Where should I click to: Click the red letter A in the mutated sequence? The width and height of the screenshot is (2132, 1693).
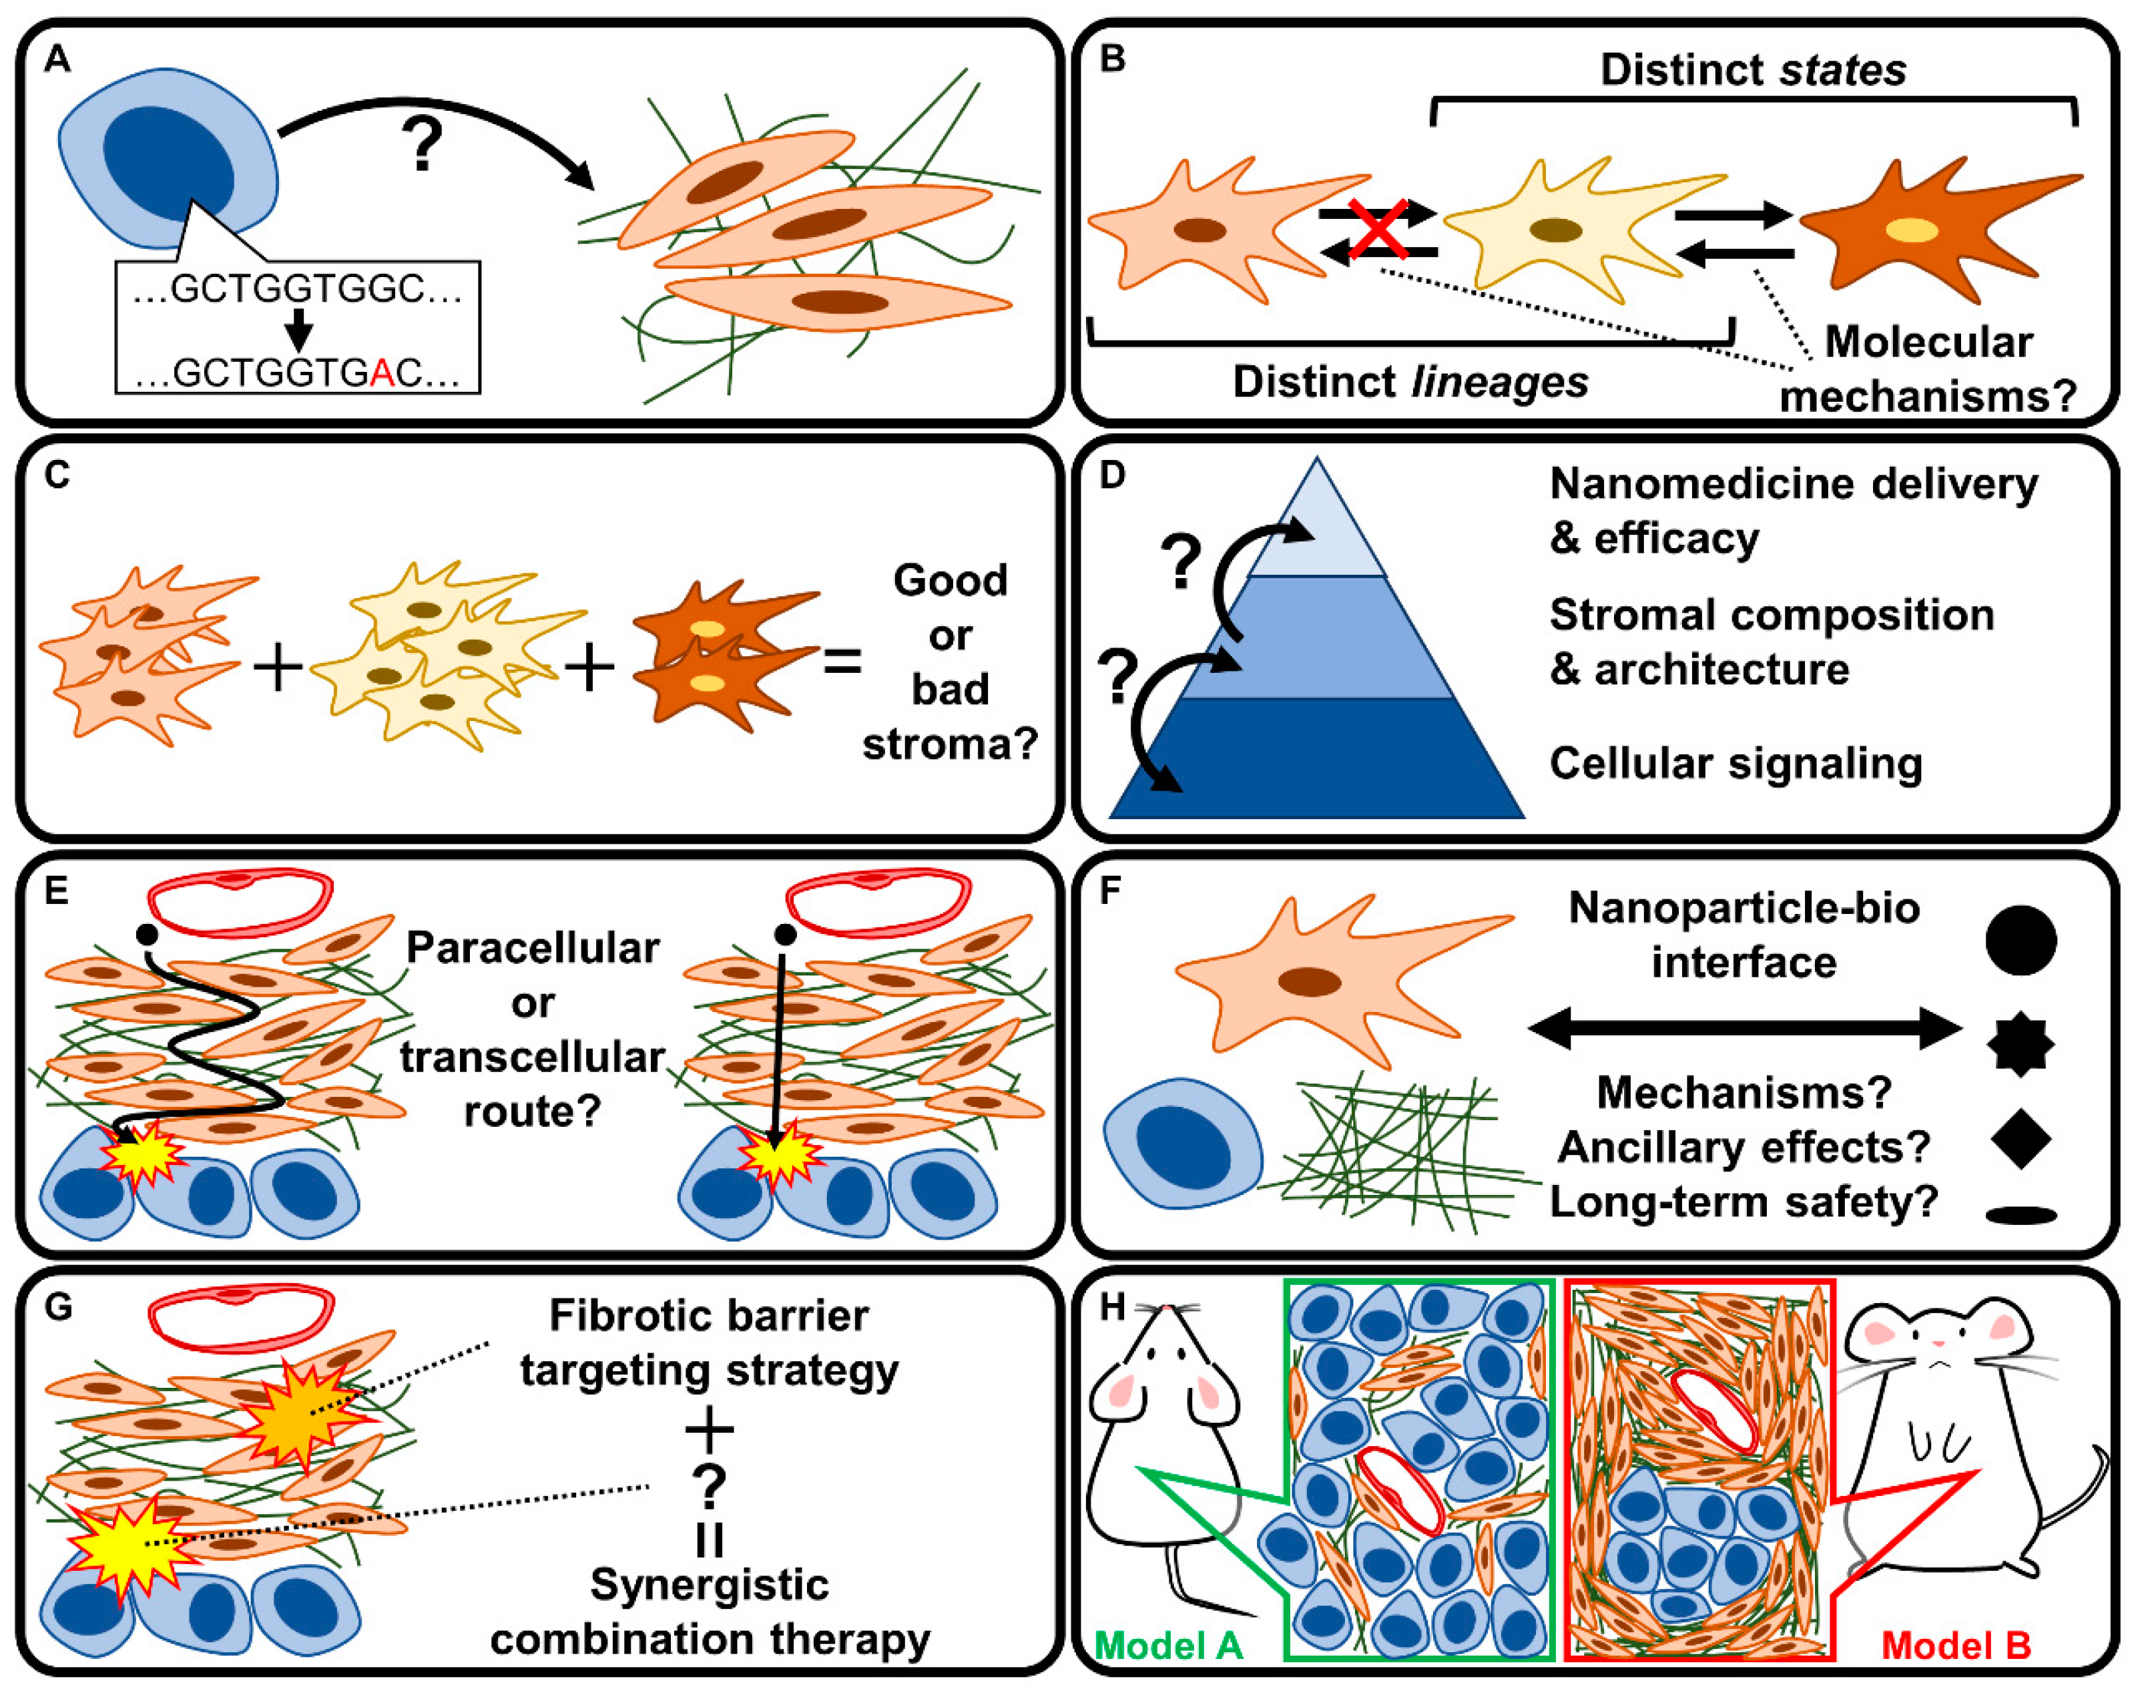coord(382,373)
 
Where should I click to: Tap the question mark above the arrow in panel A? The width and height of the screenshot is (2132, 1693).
coord(423,144)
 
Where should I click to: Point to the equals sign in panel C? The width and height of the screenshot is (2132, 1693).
coord(842,662)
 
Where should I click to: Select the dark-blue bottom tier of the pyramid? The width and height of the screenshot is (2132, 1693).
coord(1317,758)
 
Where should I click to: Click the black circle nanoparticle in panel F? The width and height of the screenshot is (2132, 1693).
coord(2021,939)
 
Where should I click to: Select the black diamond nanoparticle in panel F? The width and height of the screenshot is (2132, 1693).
coord(2021,1138)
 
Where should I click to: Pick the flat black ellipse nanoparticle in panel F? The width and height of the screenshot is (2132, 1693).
coord(2021,1216)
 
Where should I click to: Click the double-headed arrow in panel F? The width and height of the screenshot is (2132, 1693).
coord(1744,1029)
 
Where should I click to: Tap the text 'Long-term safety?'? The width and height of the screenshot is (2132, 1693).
coord(1742,1202)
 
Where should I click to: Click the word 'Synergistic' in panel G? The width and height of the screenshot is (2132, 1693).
coord(709,1586)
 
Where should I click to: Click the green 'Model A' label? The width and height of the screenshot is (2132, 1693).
coord(1169,1646)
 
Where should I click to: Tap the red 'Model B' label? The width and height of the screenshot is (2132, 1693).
coord(1956,1646)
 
